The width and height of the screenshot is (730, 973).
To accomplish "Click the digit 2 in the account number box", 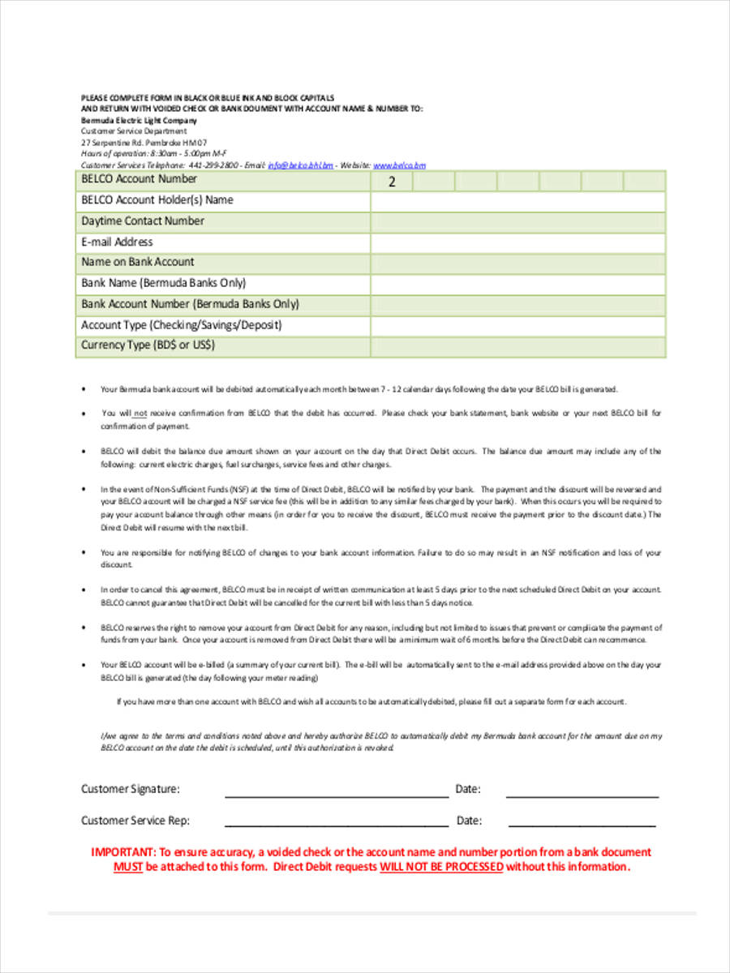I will (392, 182).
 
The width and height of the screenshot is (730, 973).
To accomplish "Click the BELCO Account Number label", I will (139, 179).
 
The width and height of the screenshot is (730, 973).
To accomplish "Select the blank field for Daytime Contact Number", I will (517, 222).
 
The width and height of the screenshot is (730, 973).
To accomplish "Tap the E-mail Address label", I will (117, 242).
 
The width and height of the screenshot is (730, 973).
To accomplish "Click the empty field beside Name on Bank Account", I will (517, 264).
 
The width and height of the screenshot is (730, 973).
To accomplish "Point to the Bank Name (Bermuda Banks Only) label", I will (163, 284).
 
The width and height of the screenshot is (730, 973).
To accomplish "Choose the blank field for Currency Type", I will (517, 347).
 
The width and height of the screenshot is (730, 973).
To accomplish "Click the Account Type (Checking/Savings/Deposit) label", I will (182, 325).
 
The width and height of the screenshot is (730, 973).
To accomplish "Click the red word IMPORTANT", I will (122, 852).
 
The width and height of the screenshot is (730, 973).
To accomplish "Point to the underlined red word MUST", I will (128, 866).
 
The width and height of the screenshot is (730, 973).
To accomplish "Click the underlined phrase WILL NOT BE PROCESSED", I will (441, 866).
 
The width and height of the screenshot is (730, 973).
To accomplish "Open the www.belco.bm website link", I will (399, 165).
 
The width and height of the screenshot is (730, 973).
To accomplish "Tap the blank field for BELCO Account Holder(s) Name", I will (517, 201).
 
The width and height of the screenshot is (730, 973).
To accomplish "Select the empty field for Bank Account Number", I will (517, 305).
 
